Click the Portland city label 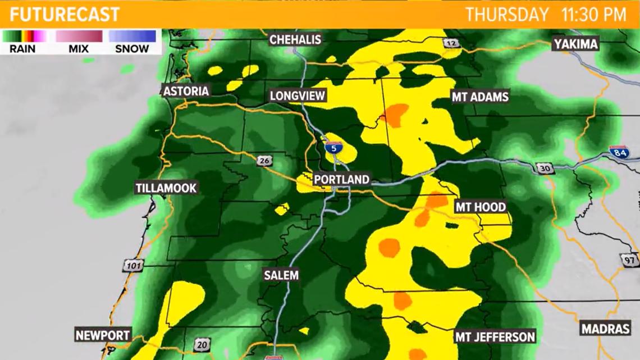tap(341, 180)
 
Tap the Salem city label tap(281, 275)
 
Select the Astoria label tap(186, 91)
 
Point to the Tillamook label tap(166, 188)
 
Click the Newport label tap(103, 335)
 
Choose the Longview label tap(298, 95)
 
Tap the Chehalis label tap(295, 39)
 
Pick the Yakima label tap(575, 44)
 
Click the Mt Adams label tap(480, 97)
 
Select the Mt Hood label tap(480, 207)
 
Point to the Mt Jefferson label tap(495, 337)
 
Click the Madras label tap(605, 329)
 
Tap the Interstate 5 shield tap(333, 148)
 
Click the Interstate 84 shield tap(619, 152)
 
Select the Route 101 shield tap(133, 266)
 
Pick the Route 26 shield tap(264, 161)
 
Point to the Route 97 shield tap(629, 260)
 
